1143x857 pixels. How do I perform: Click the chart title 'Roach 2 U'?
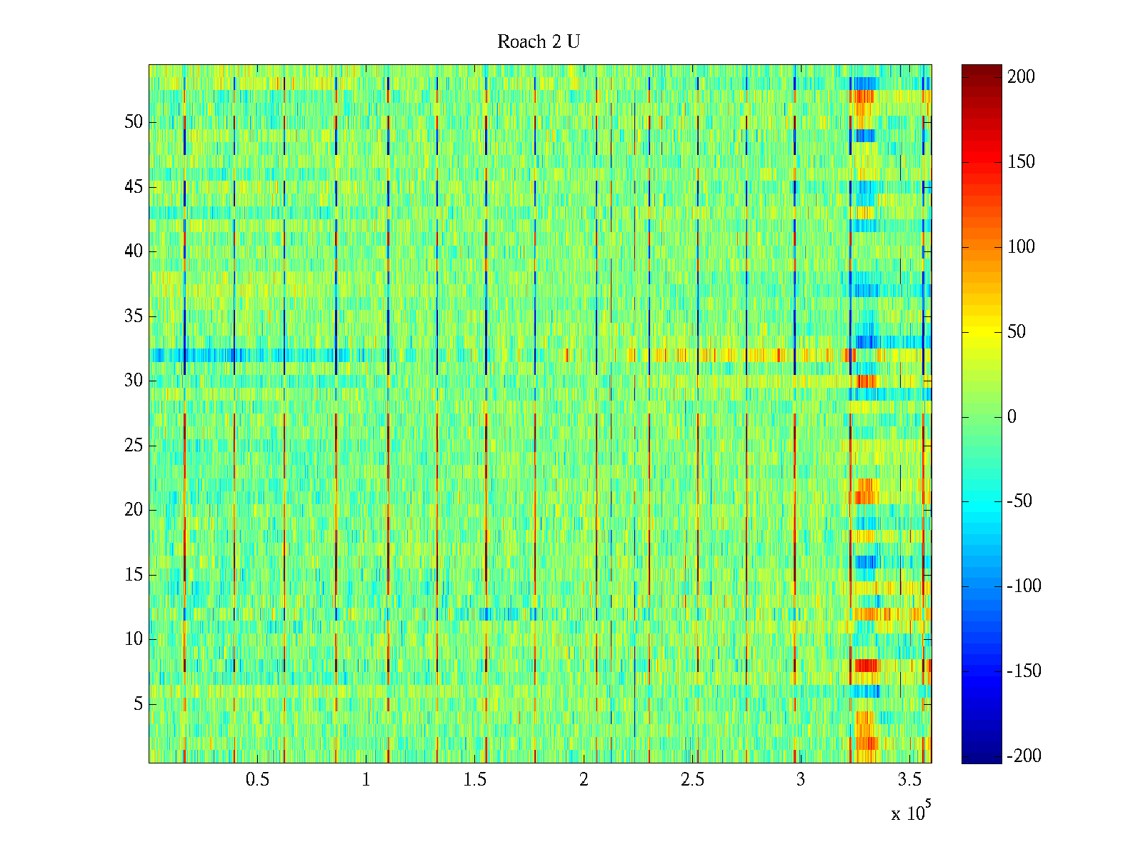tap(538, 42)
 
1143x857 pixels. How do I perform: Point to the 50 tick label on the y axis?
tap(134, 122)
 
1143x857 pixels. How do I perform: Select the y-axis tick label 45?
tap(134, 187)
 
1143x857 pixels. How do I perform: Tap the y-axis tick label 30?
tap(134, 381)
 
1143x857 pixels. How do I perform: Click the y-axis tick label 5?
tap(138, 704)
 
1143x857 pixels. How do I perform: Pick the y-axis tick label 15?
tap(134, 575)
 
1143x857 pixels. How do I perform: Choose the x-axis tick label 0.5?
tap(258, 780)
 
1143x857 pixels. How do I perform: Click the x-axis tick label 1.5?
tap(475, 780)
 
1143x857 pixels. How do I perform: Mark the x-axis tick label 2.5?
tap(692, 780)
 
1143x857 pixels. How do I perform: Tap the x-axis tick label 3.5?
tap(910, 780)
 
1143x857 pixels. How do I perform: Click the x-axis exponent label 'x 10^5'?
tap(911, 813)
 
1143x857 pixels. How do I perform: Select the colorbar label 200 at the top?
tap(1021, 77)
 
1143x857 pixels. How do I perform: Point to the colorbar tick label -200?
tap(1024, 756)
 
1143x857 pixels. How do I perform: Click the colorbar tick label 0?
tap(1012, 417)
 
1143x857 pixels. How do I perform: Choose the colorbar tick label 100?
tap(1021, 247)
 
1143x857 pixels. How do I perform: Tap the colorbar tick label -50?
tap(1019, 501)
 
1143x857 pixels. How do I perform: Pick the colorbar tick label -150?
tap(1024, 671)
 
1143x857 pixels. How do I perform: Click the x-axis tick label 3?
tap(801, 780)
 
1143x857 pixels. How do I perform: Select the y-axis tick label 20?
tap(134, 510)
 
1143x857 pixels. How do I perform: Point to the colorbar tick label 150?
tap(1021, 162)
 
